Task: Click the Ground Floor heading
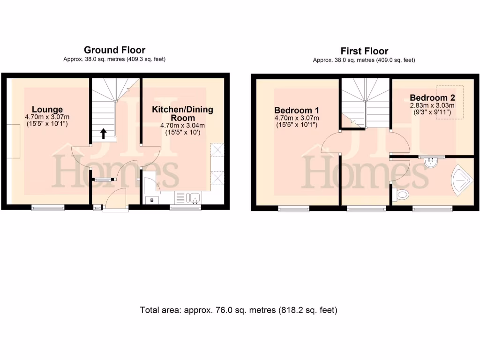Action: pyautogui.click(x=114, y=50)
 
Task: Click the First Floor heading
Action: pyautogui.click(x=364, y=51)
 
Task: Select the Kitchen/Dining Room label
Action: pyautogui.click(x=182, y=113)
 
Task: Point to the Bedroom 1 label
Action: pyautogui.click(x=296, y=110)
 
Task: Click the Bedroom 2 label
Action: pyautogui.click(x=432, y=98)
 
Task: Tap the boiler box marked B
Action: pyautogui.click(x=152, y=201)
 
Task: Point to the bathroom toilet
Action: pyautogui.click(x=401, y=195)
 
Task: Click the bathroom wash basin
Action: pyautogui.click(x=430, y=162)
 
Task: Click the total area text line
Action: pyautogui.click(x=239, y=310)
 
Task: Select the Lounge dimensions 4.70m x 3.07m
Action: pyautogui.click(x=47, y=117)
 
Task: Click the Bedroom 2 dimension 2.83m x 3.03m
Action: pyautogui.click(x=432, y=105)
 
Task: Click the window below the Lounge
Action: pyautogui.click(x=48, y=208)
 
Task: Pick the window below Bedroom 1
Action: pyautogui.click(x=293, y=208)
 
